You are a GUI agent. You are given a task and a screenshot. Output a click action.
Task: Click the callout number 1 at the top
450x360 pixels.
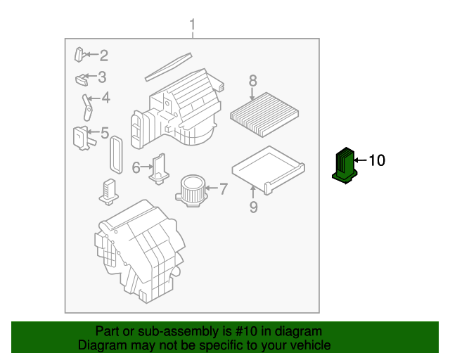click(x=192, y=26)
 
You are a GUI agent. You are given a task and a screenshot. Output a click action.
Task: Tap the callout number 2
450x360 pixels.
click(x=103, y=55)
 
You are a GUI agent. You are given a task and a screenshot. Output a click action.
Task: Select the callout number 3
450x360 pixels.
click(x=102, y=77)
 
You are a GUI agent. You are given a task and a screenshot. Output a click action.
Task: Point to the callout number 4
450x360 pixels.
click(x=105, y=98)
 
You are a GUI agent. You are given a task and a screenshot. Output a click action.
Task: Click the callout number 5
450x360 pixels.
click(x=104, y=132)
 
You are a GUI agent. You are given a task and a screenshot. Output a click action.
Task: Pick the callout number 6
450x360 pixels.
click(x=136, y=167)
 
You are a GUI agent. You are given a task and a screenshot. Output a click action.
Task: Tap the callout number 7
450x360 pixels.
click(x=224, y=188)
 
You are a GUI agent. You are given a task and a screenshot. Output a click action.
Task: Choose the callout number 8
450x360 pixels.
click(x=253, y=81)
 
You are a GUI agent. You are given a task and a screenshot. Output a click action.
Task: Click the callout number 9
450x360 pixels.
click(x=254, y=206)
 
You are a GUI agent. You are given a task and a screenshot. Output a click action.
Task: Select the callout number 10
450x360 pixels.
click(x=377, y=160)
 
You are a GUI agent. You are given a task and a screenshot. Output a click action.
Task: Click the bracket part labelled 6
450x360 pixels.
click(x=160, y=167)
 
